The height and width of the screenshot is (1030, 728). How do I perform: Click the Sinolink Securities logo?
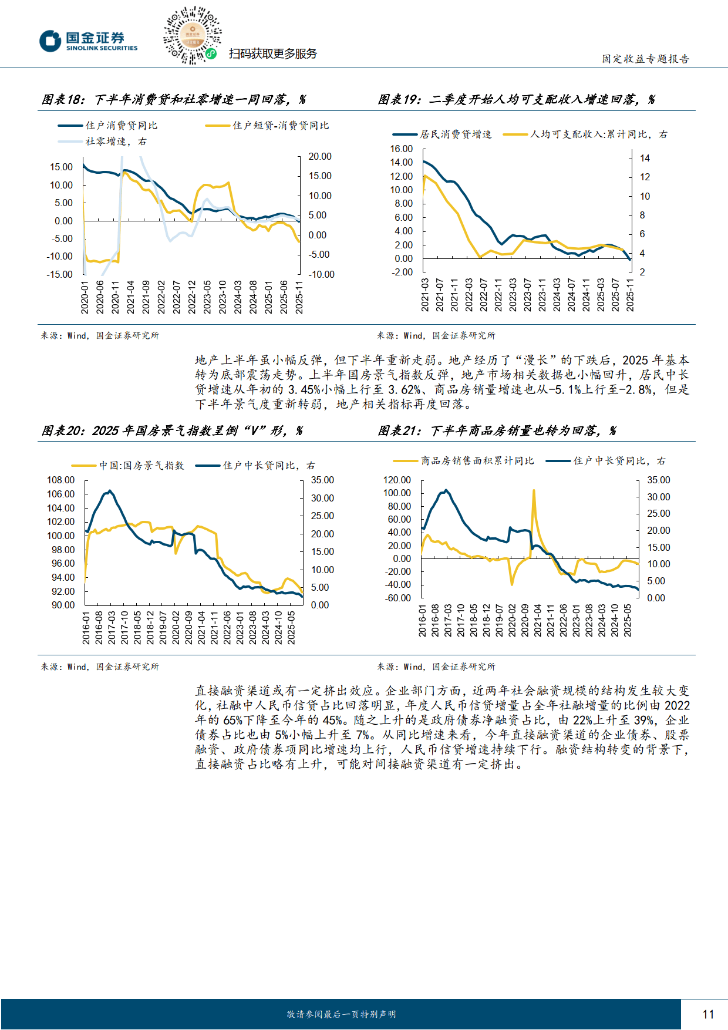click(x=88, y=41)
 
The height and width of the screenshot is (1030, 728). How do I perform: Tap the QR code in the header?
click(x=193, y=35)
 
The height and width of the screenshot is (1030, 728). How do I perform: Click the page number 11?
click(x=708, y=1014)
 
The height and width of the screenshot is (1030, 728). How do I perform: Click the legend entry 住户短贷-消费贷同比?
click(x=280, y=126)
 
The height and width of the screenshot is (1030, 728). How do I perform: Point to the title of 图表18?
click(x=173, y=99)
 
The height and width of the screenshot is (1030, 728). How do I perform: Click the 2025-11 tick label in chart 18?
click(x=299, y=297)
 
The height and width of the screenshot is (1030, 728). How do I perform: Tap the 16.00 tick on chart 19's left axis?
click(x=402, y=149)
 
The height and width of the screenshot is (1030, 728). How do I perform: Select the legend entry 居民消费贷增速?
click(x=455, y=134)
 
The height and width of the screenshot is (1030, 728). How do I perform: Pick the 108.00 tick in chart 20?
click(x=61, y=480)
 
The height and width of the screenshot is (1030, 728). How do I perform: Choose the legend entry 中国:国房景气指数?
click(x=141, y=466)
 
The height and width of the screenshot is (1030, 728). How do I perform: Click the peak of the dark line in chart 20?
click(x=110, y=491)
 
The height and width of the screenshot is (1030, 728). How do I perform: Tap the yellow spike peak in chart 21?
click(x=534, y=490)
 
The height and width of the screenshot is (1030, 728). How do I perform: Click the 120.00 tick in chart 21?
click(x=397, y=480)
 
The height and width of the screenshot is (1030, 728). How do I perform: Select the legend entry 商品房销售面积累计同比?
click(x=477, y=461)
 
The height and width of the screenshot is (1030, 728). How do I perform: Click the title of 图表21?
click(x=497, y=430)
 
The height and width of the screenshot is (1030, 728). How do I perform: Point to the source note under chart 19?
click(x=436, y=335)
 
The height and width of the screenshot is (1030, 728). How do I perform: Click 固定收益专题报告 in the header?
click(x=645, y=59)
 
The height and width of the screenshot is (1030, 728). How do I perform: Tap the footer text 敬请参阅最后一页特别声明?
click(x=341, y=1014)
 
